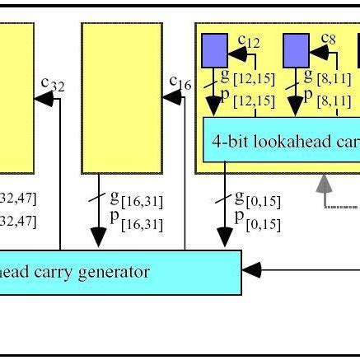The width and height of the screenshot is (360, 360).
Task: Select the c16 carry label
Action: click(x=180, y=82)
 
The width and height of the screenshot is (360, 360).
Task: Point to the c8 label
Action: click(x=328, y=40)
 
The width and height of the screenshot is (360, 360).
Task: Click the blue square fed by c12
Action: click(x=215, y=49)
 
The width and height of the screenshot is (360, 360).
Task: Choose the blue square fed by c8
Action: click(x=296, y=49)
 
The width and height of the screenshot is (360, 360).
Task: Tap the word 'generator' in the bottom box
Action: click(x=113, y=272)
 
